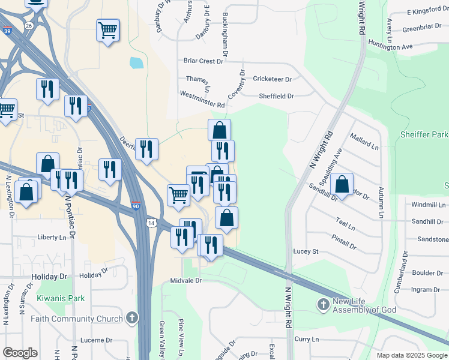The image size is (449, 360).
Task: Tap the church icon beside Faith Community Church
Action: (131, 319)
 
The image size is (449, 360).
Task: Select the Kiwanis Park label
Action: (61, 298)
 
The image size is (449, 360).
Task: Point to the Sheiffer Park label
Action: (423, 134)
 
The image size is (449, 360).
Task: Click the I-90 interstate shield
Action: (136, 205)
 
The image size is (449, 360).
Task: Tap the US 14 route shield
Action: (149, 223)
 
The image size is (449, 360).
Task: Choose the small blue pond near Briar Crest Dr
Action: (136, 62)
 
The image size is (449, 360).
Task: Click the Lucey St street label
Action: (306, 251)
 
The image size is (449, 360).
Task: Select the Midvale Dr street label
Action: (188, 280)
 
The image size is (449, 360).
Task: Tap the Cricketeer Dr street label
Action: (272, 79)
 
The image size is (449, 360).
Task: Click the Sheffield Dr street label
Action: (276, 96)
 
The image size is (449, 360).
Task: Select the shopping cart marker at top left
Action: (107, 30)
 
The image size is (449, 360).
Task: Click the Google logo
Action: (20, 353)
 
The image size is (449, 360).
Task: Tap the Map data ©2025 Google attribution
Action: (411, 355)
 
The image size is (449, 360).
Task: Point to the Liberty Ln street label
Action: (52, 238)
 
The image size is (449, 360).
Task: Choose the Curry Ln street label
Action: (306, 339)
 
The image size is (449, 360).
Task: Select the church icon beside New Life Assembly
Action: (323, 305)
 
